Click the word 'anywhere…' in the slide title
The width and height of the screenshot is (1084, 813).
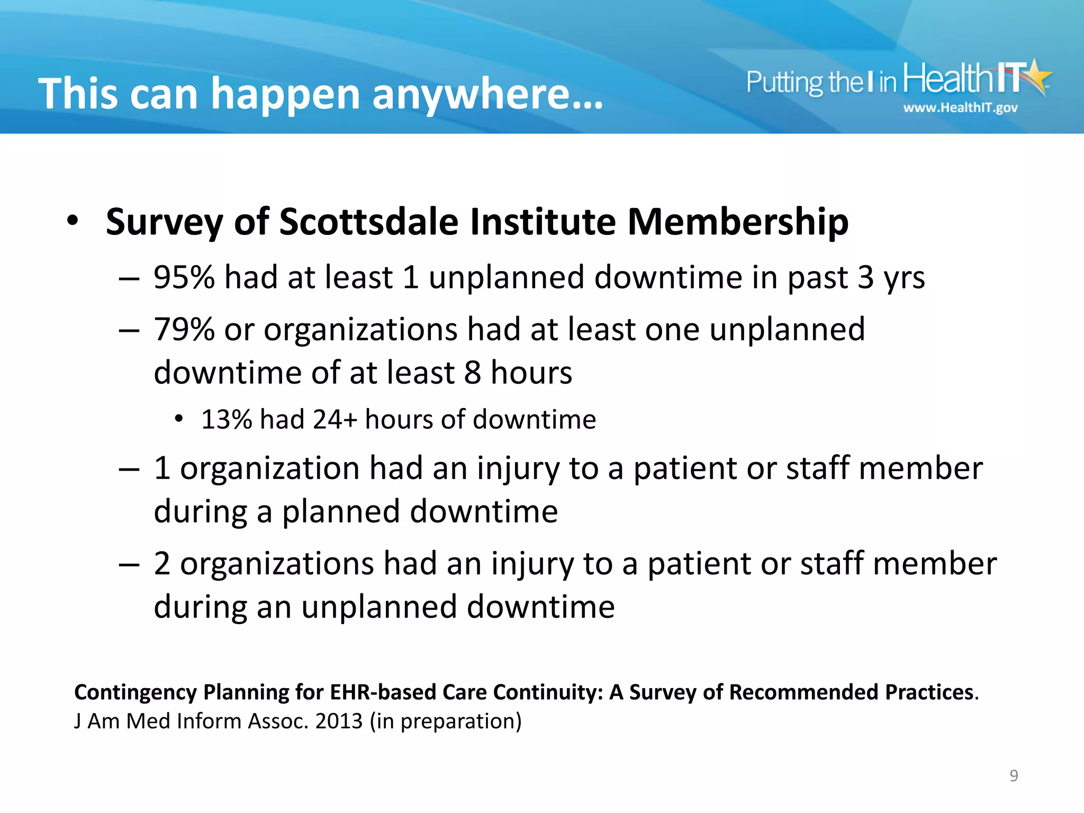(x=487, y=94)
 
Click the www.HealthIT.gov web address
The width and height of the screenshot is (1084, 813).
(x=960, y=108)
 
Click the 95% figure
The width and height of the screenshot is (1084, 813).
(x=184, y=277)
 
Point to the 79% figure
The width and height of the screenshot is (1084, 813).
(x=184, y=330)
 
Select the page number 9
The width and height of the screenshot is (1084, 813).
(x=1014, y=775)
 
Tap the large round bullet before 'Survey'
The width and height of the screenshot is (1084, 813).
(x=73, y=221)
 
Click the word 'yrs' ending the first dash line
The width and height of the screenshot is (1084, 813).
(x=904, y=277)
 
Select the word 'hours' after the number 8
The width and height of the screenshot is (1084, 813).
(x=531, y=373)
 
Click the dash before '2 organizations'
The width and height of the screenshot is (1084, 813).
(x=129, y=564)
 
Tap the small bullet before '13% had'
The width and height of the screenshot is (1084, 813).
(x=179, y=419)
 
